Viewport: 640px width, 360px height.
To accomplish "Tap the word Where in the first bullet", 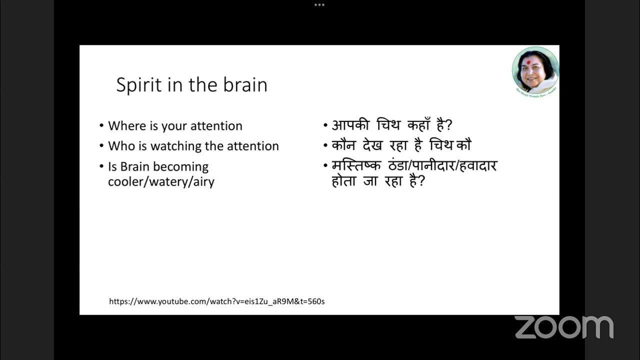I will click(x=127, y=125).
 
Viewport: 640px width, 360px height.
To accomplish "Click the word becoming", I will click(x=183, y=166).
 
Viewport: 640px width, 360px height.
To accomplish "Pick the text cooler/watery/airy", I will click(x=161, y=181).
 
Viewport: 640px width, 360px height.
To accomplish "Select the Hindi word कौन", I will click(x=343, y=145).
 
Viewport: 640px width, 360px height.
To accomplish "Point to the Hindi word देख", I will click(x=373, y=145).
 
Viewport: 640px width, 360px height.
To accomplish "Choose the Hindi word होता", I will click(x=344, y=181).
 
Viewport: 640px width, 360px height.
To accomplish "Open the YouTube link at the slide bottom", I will click(x=217, y=301).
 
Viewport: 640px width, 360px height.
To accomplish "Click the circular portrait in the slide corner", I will click(x=535, y=70).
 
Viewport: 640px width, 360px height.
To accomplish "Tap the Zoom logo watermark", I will click(x=564, y=327).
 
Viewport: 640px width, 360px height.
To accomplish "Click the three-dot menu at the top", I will click(x=319, y=5).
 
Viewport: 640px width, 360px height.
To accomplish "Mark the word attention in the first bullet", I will click(x=216, y=125).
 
